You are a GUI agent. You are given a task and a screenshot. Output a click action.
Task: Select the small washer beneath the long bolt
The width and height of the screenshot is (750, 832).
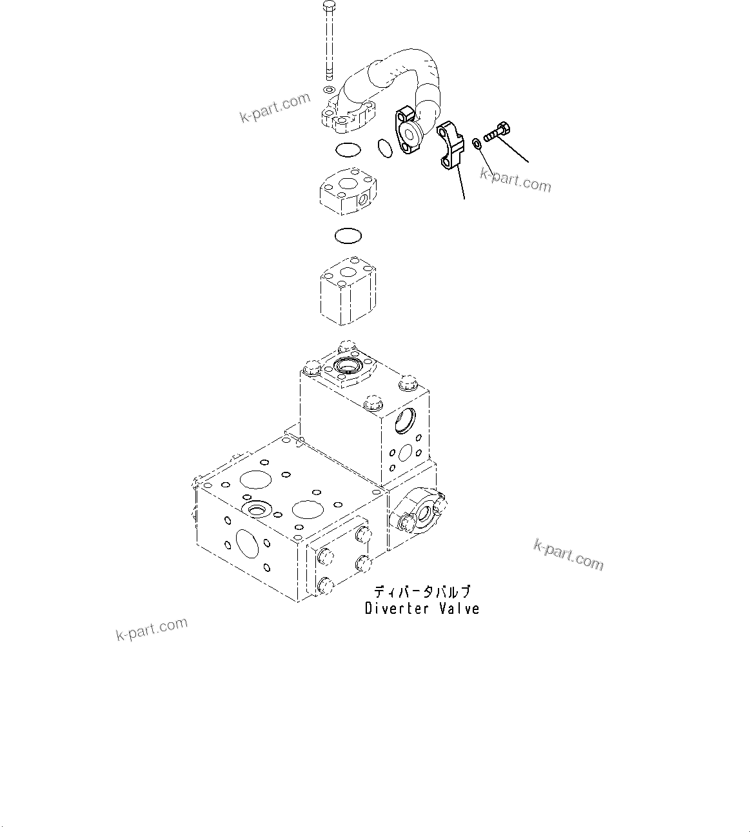(x=328, y=89)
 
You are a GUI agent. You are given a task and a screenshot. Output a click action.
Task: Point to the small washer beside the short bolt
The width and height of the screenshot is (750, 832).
(x=477, y=143)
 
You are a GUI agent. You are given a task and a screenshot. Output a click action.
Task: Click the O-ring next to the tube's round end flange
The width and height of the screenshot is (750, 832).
(x=385, y=148)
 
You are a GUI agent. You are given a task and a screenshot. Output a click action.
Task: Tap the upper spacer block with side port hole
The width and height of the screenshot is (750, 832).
(x=349, y=192)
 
